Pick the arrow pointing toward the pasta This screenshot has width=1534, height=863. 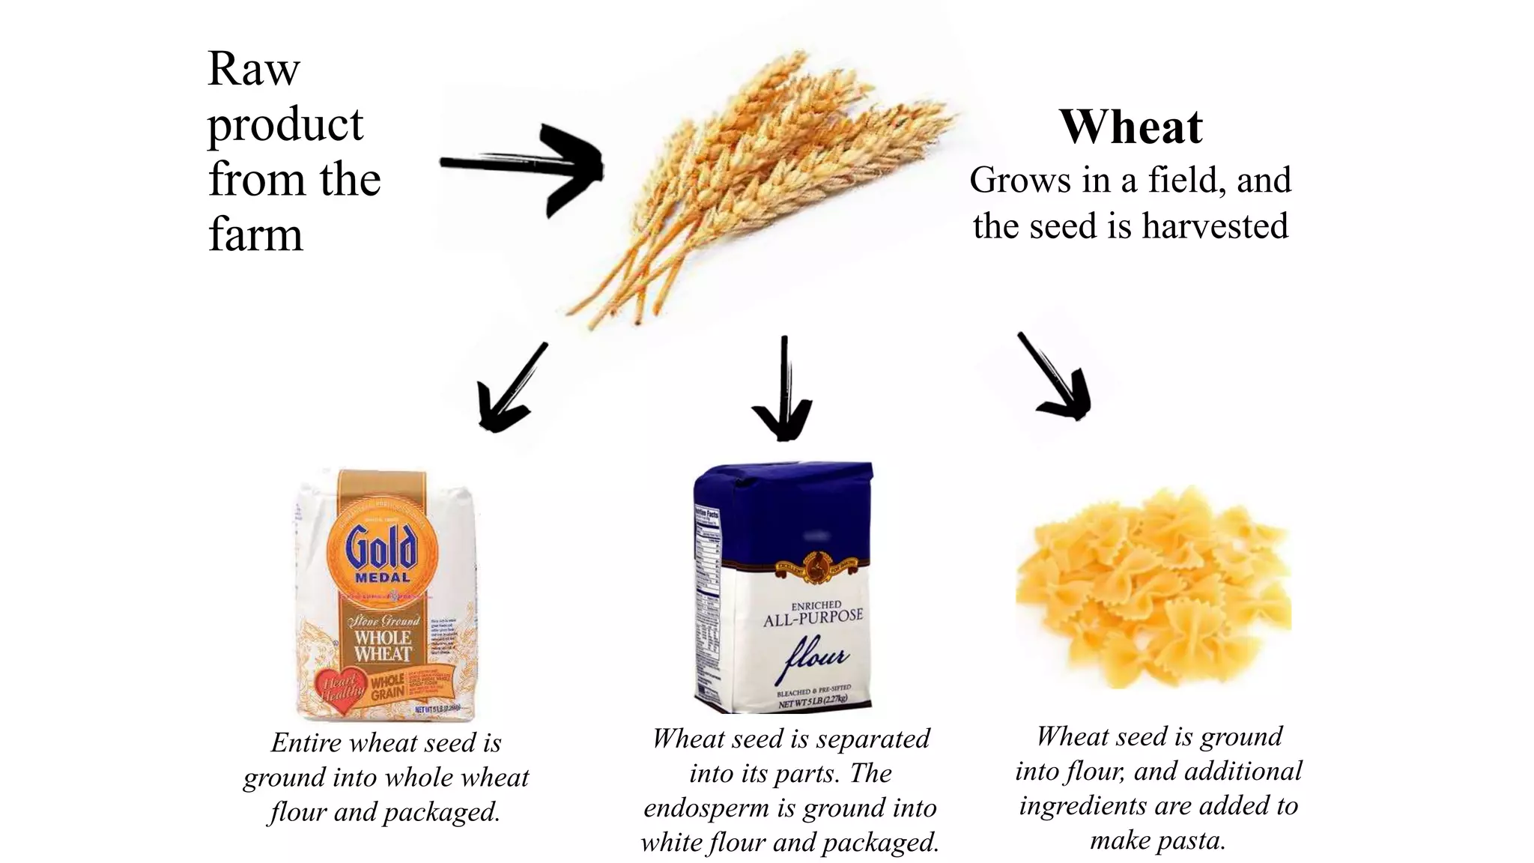click(1056, 378)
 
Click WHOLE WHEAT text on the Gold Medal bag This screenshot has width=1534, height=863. click(383, 646)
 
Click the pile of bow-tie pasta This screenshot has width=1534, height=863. click(1153, 588)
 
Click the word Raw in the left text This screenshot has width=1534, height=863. click(253, 69)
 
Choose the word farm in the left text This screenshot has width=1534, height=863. click(255, 234)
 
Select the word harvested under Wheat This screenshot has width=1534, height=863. click(1214, 226)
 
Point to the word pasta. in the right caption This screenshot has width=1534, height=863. click(1157, 841)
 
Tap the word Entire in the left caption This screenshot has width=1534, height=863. click(306, 742)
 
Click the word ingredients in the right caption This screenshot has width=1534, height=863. click(1083, 806)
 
